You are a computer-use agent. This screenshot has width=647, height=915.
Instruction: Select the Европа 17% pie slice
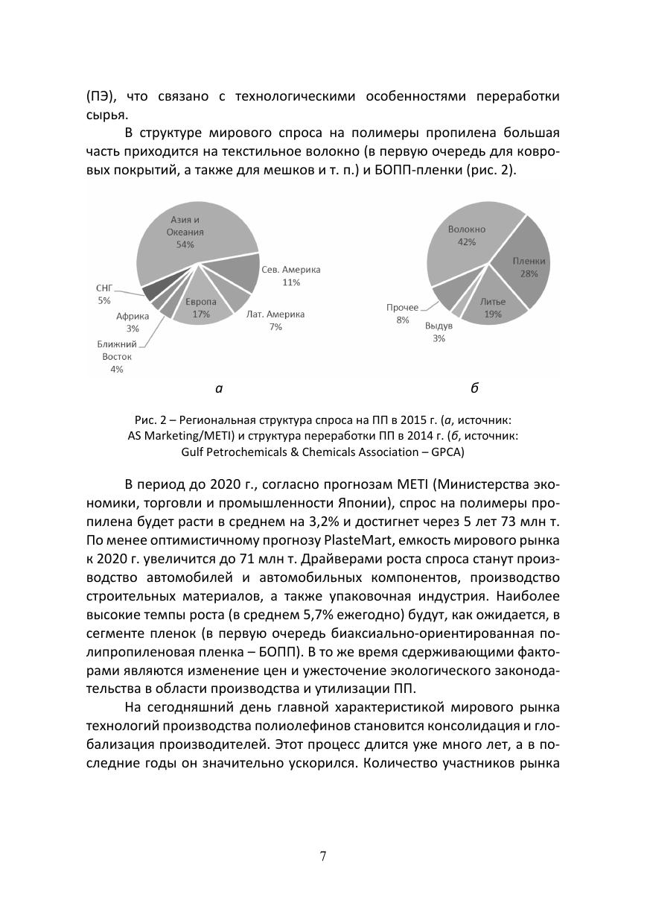pos(201,307)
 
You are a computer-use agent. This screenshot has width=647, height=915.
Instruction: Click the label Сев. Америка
pos(290,270)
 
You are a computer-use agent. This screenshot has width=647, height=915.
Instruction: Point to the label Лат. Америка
pos(275,314)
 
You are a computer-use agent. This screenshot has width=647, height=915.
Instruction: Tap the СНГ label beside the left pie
pos(104,288)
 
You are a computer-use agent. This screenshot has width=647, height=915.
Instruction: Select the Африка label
pos(133,316)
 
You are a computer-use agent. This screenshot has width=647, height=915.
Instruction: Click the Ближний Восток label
pos(117,350)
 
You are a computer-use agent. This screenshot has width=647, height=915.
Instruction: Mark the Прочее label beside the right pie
pos(402,307)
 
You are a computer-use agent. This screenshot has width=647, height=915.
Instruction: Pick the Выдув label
pos(439,326)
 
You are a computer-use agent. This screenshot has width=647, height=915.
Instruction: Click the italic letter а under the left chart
pos(219,387)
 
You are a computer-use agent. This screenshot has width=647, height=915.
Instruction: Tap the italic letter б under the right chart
pos(474,387)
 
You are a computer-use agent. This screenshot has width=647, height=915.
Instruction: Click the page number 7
pos(323,856)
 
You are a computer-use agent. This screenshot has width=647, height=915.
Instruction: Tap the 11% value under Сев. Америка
pos(290,282)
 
